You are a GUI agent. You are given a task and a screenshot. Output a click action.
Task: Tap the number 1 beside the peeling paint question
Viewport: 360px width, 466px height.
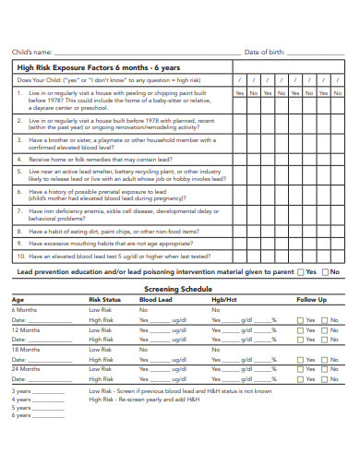[x=19, y=93]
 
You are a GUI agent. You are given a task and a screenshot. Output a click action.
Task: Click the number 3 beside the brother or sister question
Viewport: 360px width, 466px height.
[x=19, y=140]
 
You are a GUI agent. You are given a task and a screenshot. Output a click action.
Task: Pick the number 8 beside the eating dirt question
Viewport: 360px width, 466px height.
[x=19, y=231]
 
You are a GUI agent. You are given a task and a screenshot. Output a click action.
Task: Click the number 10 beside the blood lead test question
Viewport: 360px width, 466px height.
[x=21, y=256]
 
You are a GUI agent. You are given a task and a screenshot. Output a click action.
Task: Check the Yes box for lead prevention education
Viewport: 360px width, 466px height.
[x=302, y=272]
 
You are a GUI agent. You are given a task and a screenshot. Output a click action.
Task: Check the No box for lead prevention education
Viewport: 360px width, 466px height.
[x=326, y=272]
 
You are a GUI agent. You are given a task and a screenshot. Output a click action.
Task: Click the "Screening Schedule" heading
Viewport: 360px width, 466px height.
[x=179, y=288]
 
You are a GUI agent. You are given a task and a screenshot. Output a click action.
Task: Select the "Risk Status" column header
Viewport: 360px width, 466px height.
[x=104, y=300]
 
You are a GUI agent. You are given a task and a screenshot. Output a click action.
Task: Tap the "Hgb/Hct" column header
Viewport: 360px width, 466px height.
[x=224, y=300]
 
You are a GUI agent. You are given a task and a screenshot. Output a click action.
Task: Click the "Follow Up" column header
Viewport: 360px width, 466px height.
[x=311, y=300]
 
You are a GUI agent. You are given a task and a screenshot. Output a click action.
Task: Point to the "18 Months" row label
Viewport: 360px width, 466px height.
[x=26, y=350]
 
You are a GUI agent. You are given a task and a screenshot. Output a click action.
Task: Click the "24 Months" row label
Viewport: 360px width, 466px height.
[x=26, y=369]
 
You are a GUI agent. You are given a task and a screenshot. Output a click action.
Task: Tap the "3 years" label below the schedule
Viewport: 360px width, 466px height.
[x=21, y=390]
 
